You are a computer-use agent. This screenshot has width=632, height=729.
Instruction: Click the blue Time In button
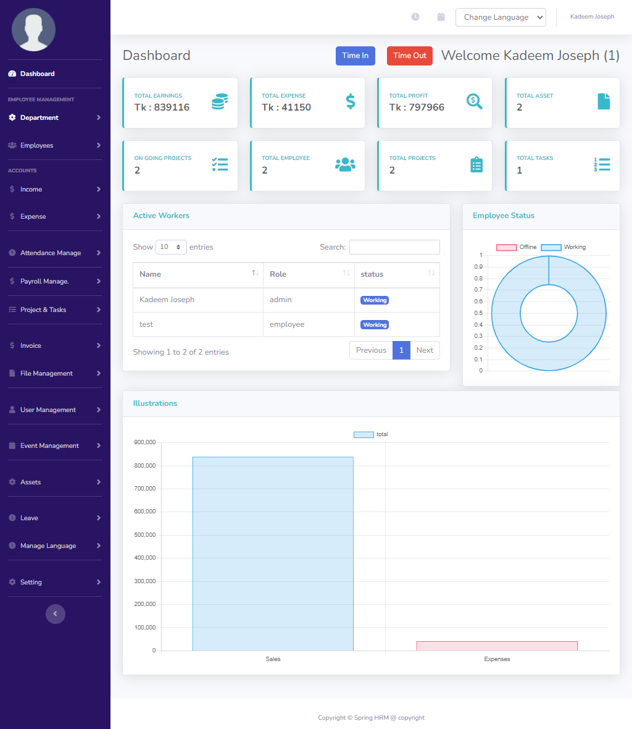355,56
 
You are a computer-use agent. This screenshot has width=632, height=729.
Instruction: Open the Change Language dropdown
501,17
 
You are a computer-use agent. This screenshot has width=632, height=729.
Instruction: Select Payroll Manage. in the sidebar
44,281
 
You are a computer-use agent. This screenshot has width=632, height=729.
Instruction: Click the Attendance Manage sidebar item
51,253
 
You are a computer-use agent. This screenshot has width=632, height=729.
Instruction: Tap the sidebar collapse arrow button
55,613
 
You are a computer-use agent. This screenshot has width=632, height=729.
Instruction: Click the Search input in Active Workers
394,247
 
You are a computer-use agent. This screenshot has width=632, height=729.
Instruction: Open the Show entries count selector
171,247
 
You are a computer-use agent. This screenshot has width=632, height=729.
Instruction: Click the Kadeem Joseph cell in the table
167,300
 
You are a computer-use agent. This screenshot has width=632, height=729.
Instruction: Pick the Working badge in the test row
375,325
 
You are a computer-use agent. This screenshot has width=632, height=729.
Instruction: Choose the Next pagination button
425,350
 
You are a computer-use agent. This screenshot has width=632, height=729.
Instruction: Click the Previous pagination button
371,350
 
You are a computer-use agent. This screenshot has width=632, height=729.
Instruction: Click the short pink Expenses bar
497,646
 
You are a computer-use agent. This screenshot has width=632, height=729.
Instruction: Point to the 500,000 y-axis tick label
144,535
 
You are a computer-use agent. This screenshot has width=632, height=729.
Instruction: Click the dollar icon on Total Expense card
350,101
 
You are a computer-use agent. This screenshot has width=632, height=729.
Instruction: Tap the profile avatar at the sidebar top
34,30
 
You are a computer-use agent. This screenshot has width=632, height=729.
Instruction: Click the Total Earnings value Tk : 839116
162,107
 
